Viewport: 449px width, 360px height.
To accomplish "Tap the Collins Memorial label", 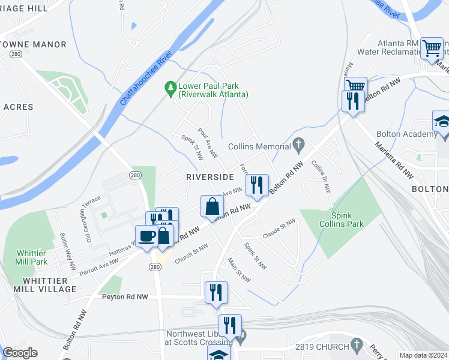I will (259, 146).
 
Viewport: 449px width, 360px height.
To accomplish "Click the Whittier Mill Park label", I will (31, 257).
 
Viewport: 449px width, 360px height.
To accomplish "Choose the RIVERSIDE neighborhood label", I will (209, 177).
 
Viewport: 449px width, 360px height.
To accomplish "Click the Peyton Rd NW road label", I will (125, 296).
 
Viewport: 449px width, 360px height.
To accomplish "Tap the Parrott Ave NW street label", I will (99, 266).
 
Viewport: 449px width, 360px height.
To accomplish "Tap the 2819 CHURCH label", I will (322, 347).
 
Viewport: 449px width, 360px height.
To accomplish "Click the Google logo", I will (20, 353).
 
